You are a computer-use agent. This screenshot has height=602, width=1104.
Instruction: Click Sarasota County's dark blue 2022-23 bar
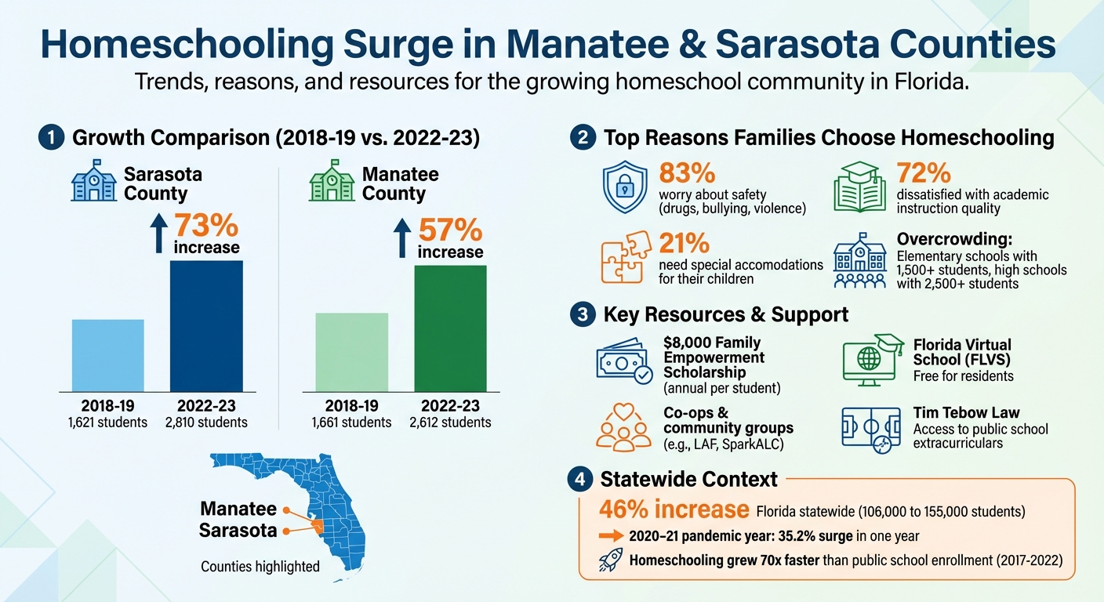tap(206, 325)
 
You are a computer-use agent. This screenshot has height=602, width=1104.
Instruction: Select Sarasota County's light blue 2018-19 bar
tap(108, 354)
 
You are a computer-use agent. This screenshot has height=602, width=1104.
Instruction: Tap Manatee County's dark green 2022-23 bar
tap(450, 328)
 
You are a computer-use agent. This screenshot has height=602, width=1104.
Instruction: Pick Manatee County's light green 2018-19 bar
tap(351, 351)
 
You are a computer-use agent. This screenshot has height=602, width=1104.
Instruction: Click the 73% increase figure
tap(205, 226)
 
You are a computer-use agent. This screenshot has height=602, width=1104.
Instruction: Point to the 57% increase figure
tap(450, 230)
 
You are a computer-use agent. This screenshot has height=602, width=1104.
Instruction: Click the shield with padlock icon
tap(624, 188)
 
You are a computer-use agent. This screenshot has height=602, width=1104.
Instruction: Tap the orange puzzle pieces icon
tap(624, 256)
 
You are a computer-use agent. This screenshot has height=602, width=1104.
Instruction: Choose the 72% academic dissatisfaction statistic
tap(924, 173)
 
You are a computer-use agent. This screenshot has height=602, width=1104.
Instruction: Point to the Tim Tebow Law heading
tap(966, 412)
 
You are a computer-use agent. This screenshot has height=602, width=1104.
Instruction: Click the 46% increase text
tap(674, 510)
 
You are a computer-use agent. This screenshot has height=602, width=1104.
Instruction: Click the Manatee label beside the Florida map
tap(238, 509)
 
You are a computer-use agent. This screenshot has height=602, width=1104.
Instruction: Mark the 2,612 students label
tap(450, 422)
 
